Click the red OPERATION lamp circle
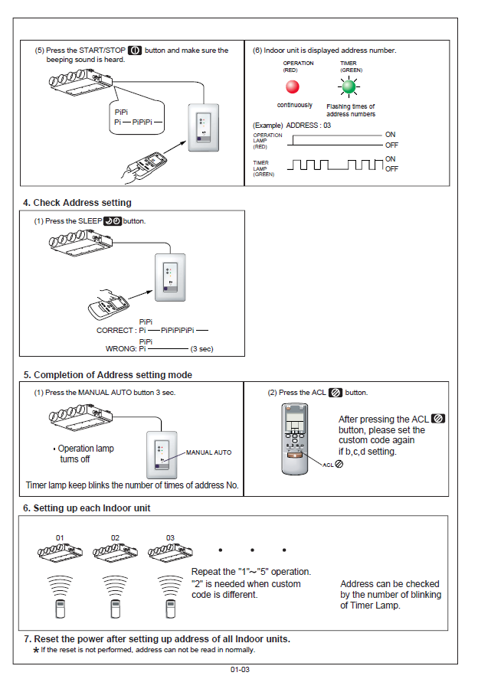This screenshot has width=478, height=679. (x=292, y=87)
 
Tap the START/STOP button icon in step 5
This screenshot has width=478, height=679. (x=135, y=51)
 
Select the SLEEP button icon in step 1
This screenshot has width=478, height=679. (x=112, y=221)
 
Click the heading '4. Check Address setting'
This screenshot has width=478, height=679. (x=77, y=203)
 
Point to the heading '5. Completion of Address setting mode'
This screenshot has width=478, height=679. (x=107, y=375)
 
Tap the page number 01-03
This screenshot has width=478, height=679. (x=240, y=669)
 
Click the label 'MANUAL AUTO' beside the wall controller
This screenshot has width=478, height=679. (x=208, y=452)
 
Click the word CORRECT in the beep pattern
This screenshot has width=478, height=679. (x=116, y=331)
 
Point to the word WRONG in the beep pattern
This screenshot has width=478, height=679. (x=120, y=348)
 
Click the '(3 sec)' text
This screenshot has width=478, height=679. (x=201, y=348)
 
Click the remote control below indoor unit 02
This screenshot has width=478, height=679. (x=115, y=609)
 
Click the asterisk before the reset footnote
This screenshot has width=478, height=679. (x=35, y=650)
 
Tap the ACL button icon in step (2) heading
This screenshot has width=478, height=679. (x=335, y=393)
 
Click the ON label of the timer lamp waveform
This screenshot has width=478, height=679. (x=391, y=159)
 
